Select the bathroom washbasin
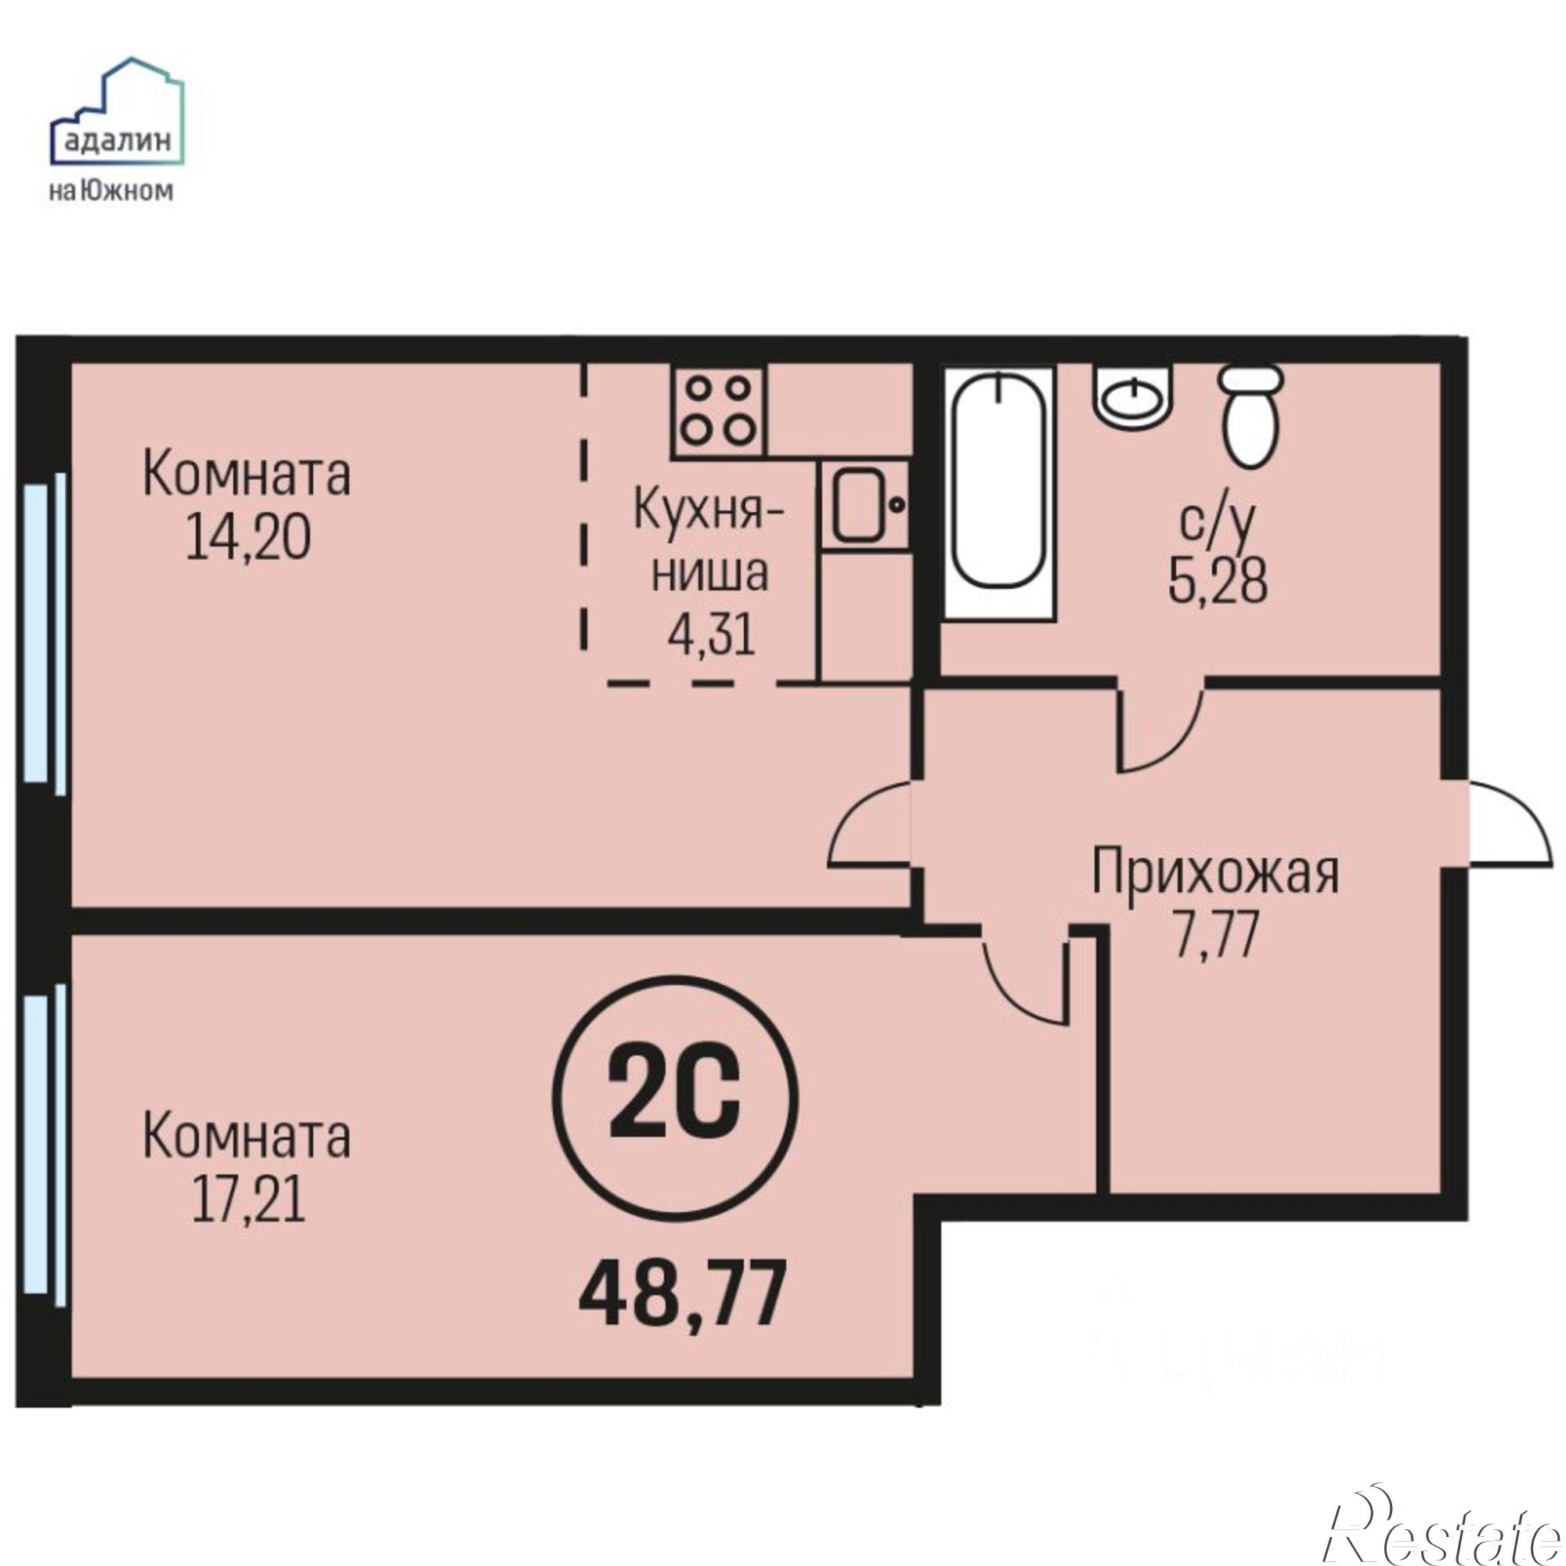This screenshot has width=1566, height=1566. click(x=1132, y=395)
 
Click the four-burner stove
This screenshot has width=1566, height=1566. click(x=716, y=412)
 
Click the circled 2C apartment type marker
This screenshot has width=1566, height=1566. click(x=674, y=1099)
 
